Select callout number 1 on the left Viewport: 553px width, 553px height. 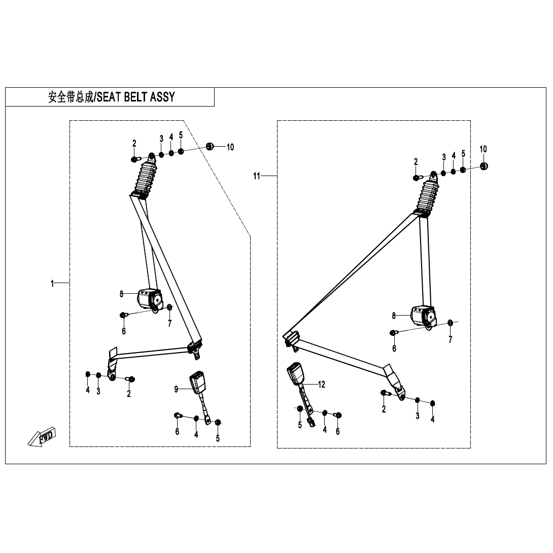pyautogui.click(x=52, y=284)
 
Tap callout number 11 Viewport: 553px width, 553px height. pyautogui.click(x=257, y=176)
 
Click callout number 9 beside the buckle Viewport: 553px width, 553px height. pyautogui.click(x=177, y=389)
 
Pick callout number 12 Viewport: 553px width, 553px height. pyautogui.click(x=321, y=384)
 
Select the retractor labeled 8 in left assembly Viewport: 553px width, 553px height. pyautogui.click(x=148, y=299)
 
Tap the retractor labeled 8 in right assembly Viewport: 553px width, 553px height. pyautogui.click(x=422, y=316)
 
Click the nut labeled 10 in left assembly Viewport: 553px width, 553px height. pyautogui.click(x=209, y=147)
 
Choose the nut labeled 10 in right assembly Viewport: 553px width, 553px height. pyautogui.click(x=483, y=165)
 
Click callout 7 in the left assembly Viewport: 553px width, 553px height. pyautogui.click(x=169, y=323)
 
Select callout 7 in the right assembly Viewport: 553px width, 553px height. pyautogui.click(x=450, y=339)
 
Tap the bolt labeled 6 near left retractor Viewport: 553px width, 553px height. pyautogui.click(x=123, y=316)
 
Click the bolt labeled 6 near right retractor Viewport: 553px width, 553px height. pyautogui.click(x=393, y=332)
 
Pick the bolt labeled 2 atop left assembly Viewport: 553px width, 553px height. pyautogui.click(x=134, y=159)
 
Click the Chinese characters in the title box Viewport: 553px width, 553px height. pyautogui.click(x=71, y=97)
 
